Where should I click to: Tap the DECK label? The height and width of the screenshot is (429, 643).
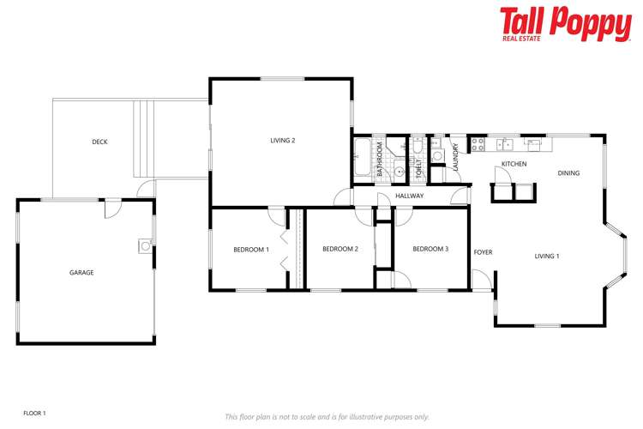(99, 142)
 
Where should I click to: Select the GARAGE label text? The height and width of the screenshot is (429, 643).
(81, 273)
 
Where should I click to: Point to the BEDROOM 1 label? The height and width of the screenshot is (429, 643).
(251, 250)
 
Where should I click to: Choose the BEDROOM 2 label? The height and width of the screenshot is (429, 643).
(340, 250)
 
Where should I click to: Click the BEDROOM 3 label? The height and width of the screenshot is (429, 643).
(430, 250)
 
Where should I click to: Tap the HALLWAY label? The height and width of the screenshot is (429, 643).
(411, 196)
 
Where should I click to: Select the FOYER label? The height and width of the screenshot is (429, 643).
(483, 252)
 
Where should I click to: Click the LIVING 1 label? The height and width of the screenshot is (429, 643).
(547, 257)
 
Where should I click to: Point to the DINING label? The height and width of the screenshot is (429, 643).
(568, 173)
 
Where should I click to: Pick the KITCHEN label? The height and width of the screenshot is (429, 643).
(514, 164)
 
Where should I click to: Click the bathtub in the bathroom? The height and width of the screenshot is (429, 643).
(362, 157)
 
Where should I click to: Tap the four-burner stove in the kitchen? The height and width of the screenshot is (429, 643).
(478, 142)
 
